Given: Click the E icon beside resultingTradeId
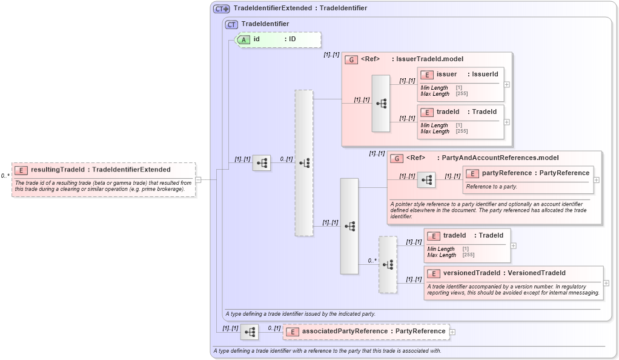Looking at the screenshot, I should point(21,170).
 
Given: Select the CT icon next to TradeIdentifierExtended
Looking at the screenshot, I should point(221,8).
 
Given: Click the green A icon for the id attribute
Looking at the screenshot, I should point(243,39).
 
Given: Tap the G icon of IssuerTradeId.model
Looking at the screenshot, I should point(351,59).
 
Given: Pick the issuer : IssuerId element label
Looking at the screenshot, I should point(467,75).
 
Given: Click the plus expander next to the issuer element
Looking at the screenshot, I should point(507,84).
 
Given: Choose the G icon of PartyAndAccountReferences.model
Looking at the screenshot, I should point(397,158).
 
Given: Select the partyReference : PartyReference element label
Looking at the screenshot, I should point(535,173).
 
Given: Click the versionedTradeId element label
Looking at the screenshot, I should point(504,273).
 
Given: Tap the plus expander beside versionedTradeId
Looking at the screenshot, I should point(606,283).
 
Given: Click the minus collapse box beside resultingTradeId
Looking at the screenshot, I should point(198,179).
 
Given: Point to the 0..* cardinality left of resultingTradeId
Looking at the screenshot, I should point(5,176).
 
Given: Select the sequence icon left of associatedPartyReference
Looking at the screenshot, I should point(250,332).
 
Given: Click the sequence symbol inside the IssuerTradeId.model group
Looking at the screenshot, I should point(381,104).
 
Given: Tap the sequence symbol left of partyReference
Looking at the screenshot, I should point(426,180).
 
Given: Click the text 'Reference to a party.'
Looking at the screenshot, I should point(492,187).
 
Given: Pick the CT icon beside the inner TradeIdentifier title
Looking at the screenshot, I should point(231,24).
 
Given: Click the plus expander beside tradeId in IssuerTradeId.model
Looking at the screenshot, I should point(507,122).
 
